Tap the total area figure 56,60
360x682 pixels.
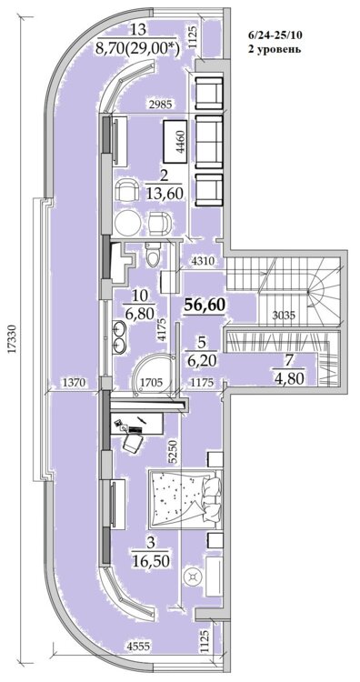(x=205, y=306)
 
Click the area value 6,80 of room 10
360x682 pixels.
(x=139, y=312)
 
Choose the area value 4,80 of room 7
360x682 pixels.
(x=288, y=376)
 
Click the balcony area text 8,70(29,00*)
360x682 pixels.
(x=138, y=45)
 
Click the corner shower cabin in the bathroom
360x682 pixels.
(x=153, y=374)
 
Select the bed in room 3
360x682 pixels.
(x=185, y=499)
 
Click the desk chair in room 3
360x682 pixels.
(x=133, y=442)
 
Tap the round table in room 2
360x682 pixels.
(x=128, y=223)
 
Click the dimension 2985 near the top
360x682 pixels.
(x=159, y=104)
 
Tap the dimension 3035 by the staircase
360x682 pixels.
(x=285, y=316)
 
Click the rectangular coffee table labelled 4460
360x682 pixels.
(x=176, y=141)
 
